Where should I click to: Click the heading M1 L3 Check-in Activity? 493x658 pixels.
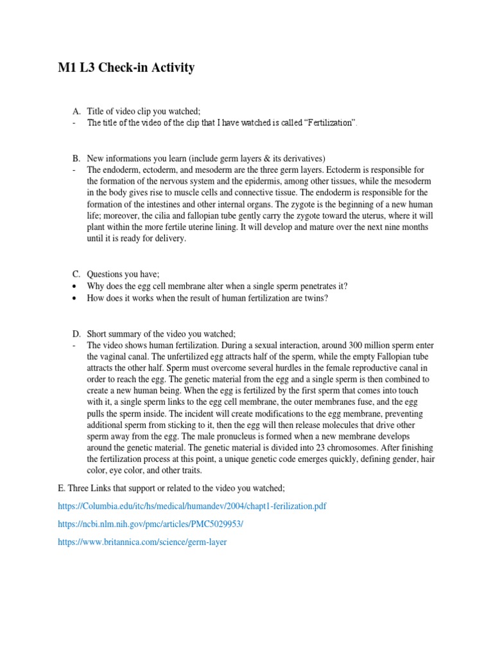[126, 67]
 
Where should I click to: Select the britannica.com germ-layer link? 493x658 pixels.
[142, 542]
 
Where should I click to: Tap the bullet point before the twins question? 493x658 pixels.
[76, 298]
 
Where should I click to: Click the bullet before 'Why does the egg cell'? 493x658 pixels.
[76, 286]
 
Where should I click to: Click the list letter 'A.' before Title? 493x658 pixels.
[76, 111]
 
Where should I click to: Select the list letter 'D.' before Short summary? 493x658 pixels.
[76, 333]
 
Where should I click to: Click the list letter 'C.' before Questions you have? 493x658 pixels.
[76, 274]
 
